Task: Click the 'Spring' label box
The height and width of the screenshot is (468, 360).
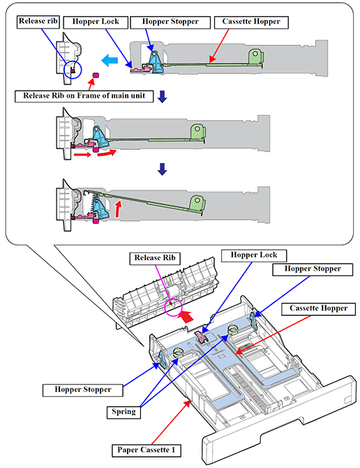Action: coord(123,412)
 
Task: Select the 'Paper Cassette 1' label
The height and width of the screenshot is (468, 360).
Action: coord(147,450)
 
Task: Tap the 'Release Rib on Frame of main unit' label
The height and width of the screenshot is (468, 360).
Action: coord(84,96)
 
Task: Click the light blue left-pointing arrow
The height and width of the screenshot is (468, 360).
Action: coord(110,61)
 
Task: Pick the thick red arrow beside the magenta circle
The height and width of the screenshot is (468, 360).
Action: coord(186,317)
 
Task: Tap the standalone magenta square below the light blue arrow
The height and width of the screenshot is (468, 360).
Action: coord(96,75)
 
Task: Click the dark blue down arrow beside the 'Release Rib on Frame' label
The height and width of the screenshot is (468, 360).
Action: coord(162,97)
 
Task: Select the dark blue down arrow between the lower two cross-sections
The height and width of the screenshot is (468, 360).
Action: coord(162,169)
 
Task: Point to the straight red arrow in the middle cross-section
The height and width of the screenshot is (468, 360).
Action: coord(82,155)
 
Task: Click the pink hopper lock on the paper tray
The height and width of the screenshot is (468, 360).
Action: coord(202,337)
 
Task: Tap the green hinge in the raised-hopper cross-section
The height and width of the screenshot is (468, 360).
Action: coord(197,204)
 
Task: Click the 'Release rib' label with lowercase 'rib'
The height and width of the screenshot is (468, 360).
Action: coord(38,22)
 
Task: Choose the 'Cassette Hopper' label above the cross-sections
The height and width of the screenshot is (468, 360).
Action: coord(251,22)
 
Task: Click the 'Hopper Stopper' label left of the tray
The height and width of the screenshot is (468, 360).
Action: coord(83,390)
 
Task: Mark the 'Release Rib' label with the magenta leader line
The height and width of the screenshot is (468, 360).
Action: coord(155,258)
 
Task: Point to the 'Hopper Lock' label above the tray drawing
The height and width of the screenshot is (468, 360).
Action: coord(254,255)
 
